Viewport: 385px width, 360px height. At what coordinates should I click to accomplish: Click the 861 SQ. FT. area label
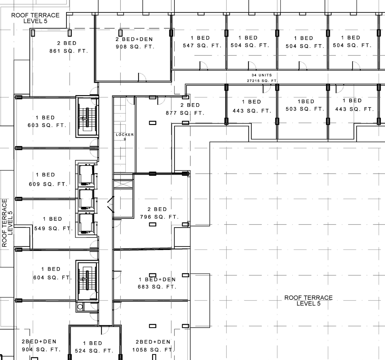coord(69,51)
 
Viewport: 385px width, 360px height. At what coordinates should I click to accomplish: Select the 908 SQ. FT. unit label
coord(135,47)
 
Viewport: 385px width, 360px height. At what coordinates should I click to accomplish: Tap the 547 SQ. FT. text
coord(202,46)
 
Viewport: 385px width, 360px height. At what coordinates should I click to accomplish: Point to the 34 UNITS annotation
coord(262,75)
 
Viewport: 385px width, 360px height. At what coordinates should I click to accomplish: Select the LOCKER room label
coord(125,135)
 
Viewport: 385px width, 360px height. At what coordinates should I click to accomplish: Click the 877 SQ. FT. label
coord(185,113)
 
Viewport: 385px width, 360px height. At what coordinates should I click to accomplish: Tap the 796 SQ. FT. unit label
coord(159,217)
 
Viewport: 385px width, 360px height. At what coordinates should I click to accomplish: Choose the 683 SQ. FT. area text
coord(157,287)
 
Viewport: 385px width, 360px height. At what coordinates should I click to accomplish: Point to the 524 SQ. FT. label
coord(94,351)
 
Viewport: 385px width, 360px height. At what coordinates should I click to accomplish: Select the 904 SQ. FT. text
coord(41,349)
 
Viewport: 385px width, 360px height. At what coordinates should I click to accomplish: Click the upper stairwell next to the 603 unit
coord(87,116)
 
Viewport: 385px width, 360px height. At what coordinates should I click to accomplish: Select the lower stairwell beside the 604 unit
coord(87,281)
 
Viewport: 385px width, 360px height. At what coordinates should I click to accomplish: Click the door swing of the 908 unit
coord(142,77)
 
